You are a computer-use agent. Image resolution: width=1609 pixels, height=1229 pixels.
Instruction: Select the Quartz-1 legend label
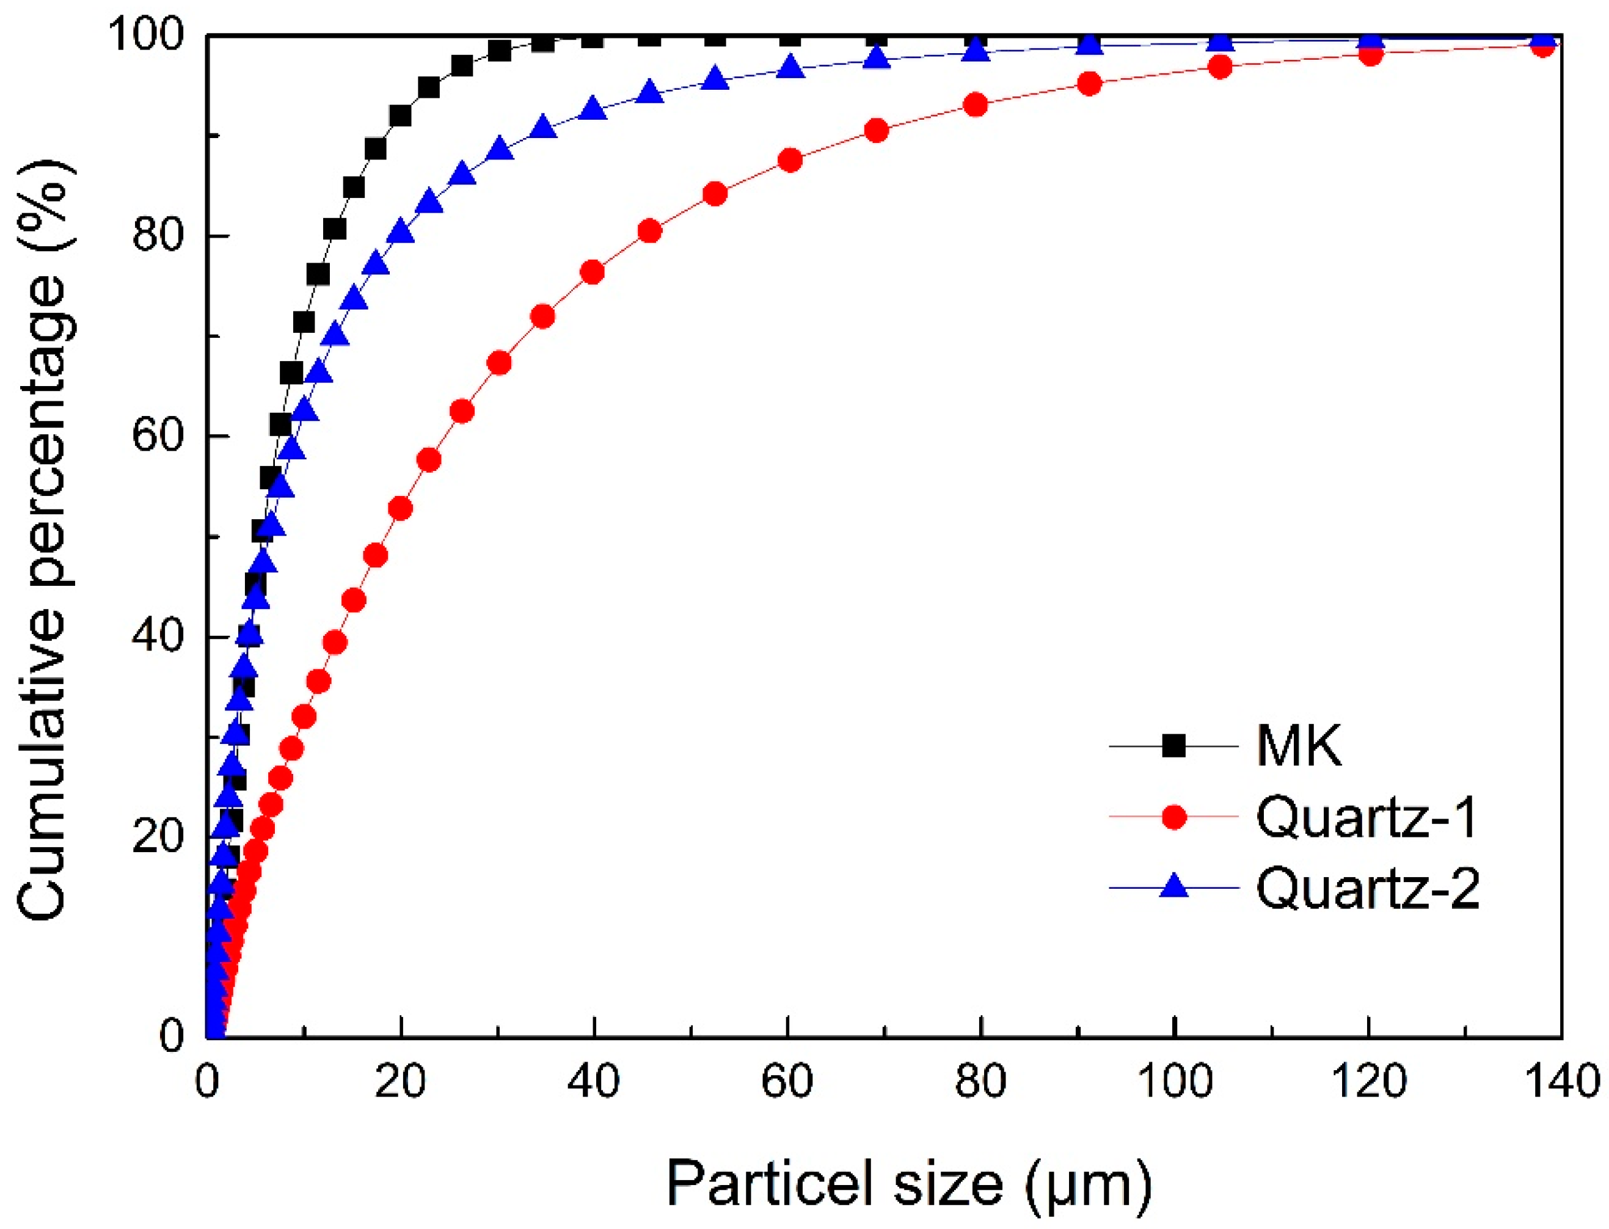1366,817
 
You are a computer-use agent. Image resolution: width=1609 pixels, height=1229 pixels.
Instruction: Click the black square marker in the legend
1174,746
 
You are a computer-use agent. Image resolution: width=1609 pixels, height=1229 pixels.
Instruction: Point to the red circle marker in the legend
1174,817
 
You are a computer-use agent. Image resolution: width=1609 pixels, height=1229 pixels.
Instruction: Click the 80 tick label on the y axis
157,236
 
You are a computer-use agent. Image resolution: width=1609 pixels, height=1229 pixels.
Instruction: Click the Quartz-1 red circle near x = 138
1542,46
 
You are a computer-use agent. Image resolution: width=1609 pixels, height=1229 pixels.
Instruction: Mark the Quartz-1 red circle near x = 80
976,105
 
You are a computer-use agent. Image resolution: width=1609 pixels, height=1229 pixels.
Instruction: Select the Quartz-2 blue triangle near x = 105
1220,42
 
